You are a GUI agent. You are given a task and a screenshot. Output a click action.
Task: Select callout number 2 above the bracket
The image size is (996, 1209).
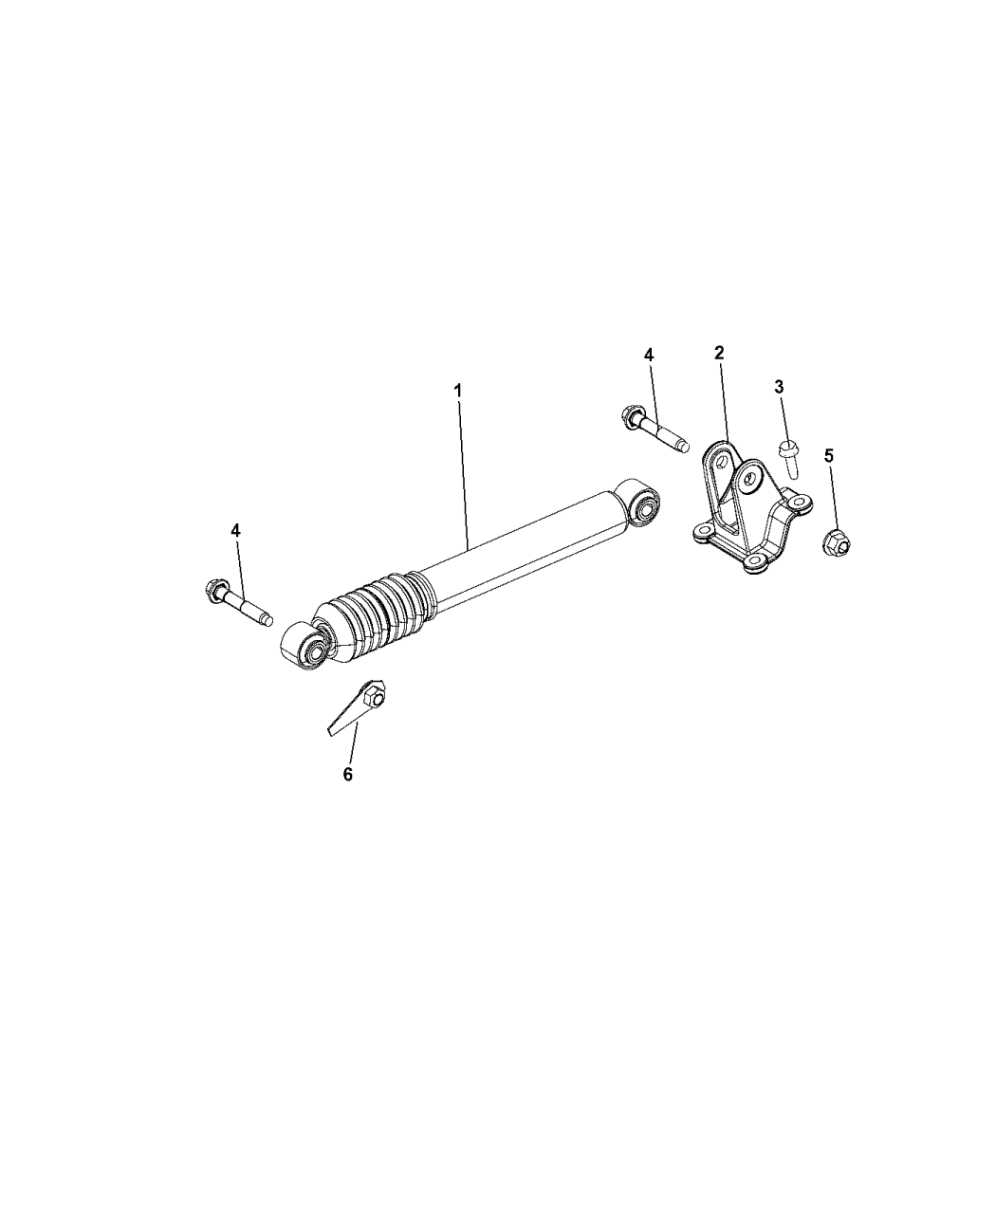[719, 353]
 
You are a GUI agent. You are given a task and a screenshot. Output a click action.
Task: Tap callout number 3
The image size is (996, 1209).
[779, 386]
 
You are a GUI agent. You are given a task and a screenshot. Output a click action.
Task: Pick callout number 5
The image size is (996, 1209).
[829, 455]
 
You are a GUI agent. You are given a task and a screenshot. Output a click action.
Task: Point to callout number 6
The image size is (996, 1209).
[347, 775]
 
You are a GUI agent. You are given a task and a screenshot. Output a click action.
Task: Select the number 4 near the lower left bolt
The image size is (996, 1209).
[235, 530]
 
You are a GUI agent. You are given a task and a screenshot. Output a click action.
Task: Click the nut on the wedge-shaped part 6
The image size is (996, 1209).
[373, 699]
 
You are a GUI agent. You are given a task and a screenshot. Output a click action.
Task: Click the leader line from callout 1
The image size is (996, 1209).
[465, 474]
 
